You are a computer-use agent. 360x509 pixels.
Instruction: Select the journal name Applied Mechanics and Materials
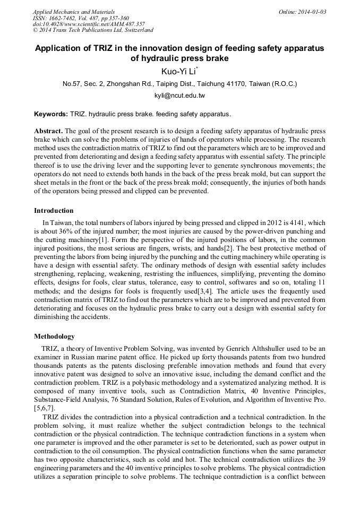pos(74,12)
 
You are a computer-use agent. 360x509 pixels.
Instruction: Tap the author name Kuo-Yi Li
pos(178,71)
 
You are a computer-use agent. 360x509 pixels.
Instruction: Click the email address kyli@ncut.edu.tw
pos(179,96)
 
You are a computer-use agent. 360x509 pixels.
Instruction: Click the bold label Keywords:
pos(50,114)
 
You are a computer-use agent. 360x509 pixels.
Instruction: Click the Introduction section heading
pos(54,211)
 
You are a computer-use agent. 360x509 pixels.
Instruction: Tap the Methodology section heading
pos(54,337)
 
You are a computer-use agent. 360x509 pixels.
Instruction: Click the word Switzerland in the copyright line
pos(135,31)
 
